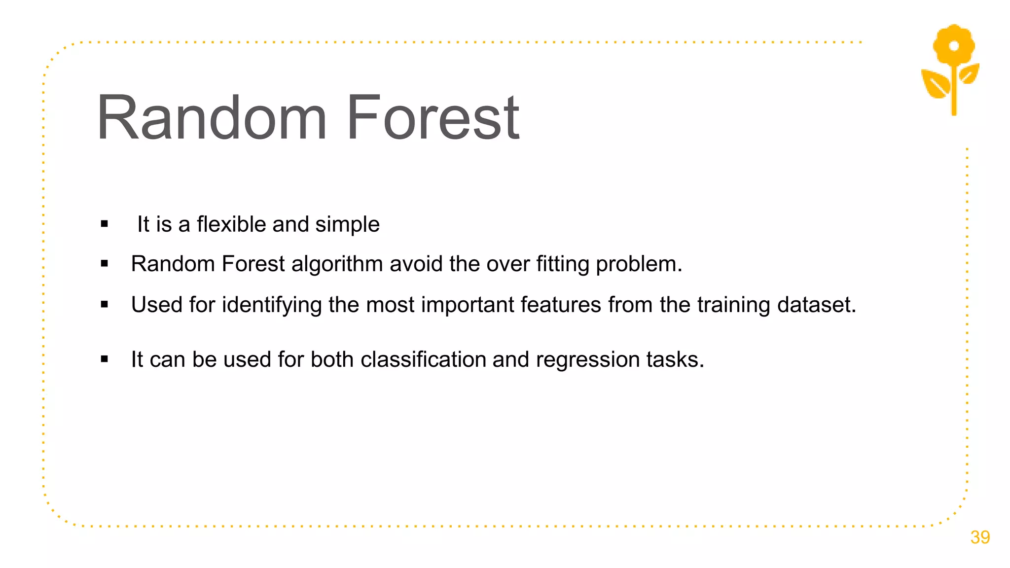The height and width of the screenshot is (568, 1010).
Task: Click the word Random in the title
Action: coord(212,118)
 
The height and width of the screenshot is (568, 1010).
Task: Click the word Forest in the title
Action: coord(433,118)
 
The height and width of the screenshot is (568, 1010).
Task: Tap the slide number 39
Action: coord(979,537)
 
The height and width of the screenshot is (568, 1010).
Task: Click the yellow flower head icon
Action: coord(954,45)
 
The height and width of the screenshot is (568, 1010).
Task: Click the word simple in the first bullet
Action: coord(347,225)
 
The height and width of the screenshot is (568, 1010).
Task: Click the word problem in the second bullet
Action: coord(639,264)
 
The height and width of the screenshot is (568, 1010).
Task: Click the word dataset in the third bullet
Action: coord(816,305)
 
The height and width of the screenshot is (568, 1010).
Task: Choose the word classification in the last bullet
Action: coord(423,359)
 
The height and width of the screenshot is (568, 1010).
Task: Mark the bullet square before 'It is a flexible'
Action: coord(104,224)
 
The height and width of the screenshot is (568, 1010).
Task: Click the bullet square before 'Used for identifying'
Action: coord(104,305)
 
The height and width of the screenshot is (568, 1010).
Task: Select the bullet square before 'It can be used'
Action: coord(104,359)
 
